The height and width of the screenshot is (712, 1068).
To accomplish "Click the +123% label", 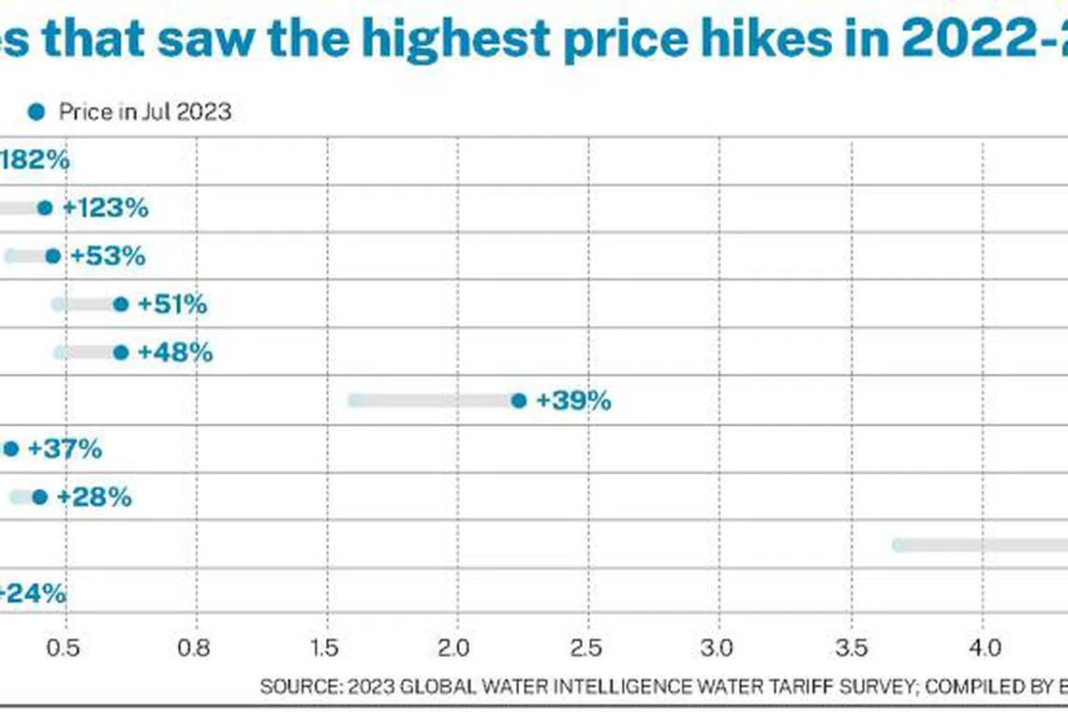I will pyautogui.click(x=105, y=208).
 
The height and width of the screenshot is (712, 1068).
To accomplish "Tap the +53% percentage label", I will pyautogui.click(x=108, y=256).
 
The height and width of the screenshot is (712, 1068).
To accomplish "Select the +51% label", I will pyautogui.click(x=171, y=304).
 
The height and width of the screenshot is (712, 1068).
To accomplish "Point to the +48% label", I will pyautogui.click(x=174, y=352).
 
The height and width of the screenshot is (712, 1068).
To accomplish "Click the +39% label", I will pyautogui.click(x=573, y=401).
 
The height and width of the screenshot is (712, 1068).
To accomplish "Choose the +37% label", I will pyautogui.click(x=65, y=449).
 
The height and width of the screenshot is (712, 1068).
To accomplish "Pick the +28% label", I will pyautogui.click(x=94, y=497).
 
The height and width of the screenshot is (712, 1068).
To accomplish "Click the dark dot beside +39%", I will pyautogui.click(x=519, y=401).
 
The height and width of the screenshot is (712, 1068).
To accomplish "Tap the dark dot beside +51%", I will pyautogui.click(x=120, y=304).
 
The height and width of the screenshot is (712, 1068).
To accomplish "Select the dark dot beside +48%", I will pyautogui.click(x=120, y=352).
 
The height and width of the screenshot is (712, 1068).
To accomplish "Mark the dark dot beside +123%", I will pyautogui.click(x=44, y=208).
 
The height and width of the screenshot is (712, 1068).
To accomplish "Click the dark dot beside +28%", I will pyautogui.click(x=39, y=497).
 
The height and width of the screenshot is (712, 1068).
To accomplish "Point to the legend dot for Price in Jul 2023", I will pyautogui.click(x=36, y=112).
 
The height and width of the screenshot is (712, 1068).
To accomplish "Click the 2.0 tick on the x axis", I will pyautogui.click(x=457, y=647).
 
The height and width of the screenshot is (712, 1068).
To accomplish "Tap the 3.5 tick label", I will pyautogui.click(x=850, y=647).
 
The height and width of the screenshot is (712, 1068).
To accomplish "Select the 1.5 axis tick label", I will pyautogui.click(x=327, y=647).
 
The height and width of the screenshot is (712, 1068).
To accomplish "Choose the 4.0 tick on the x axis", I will pyautogui.click(x=981, y=647).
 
